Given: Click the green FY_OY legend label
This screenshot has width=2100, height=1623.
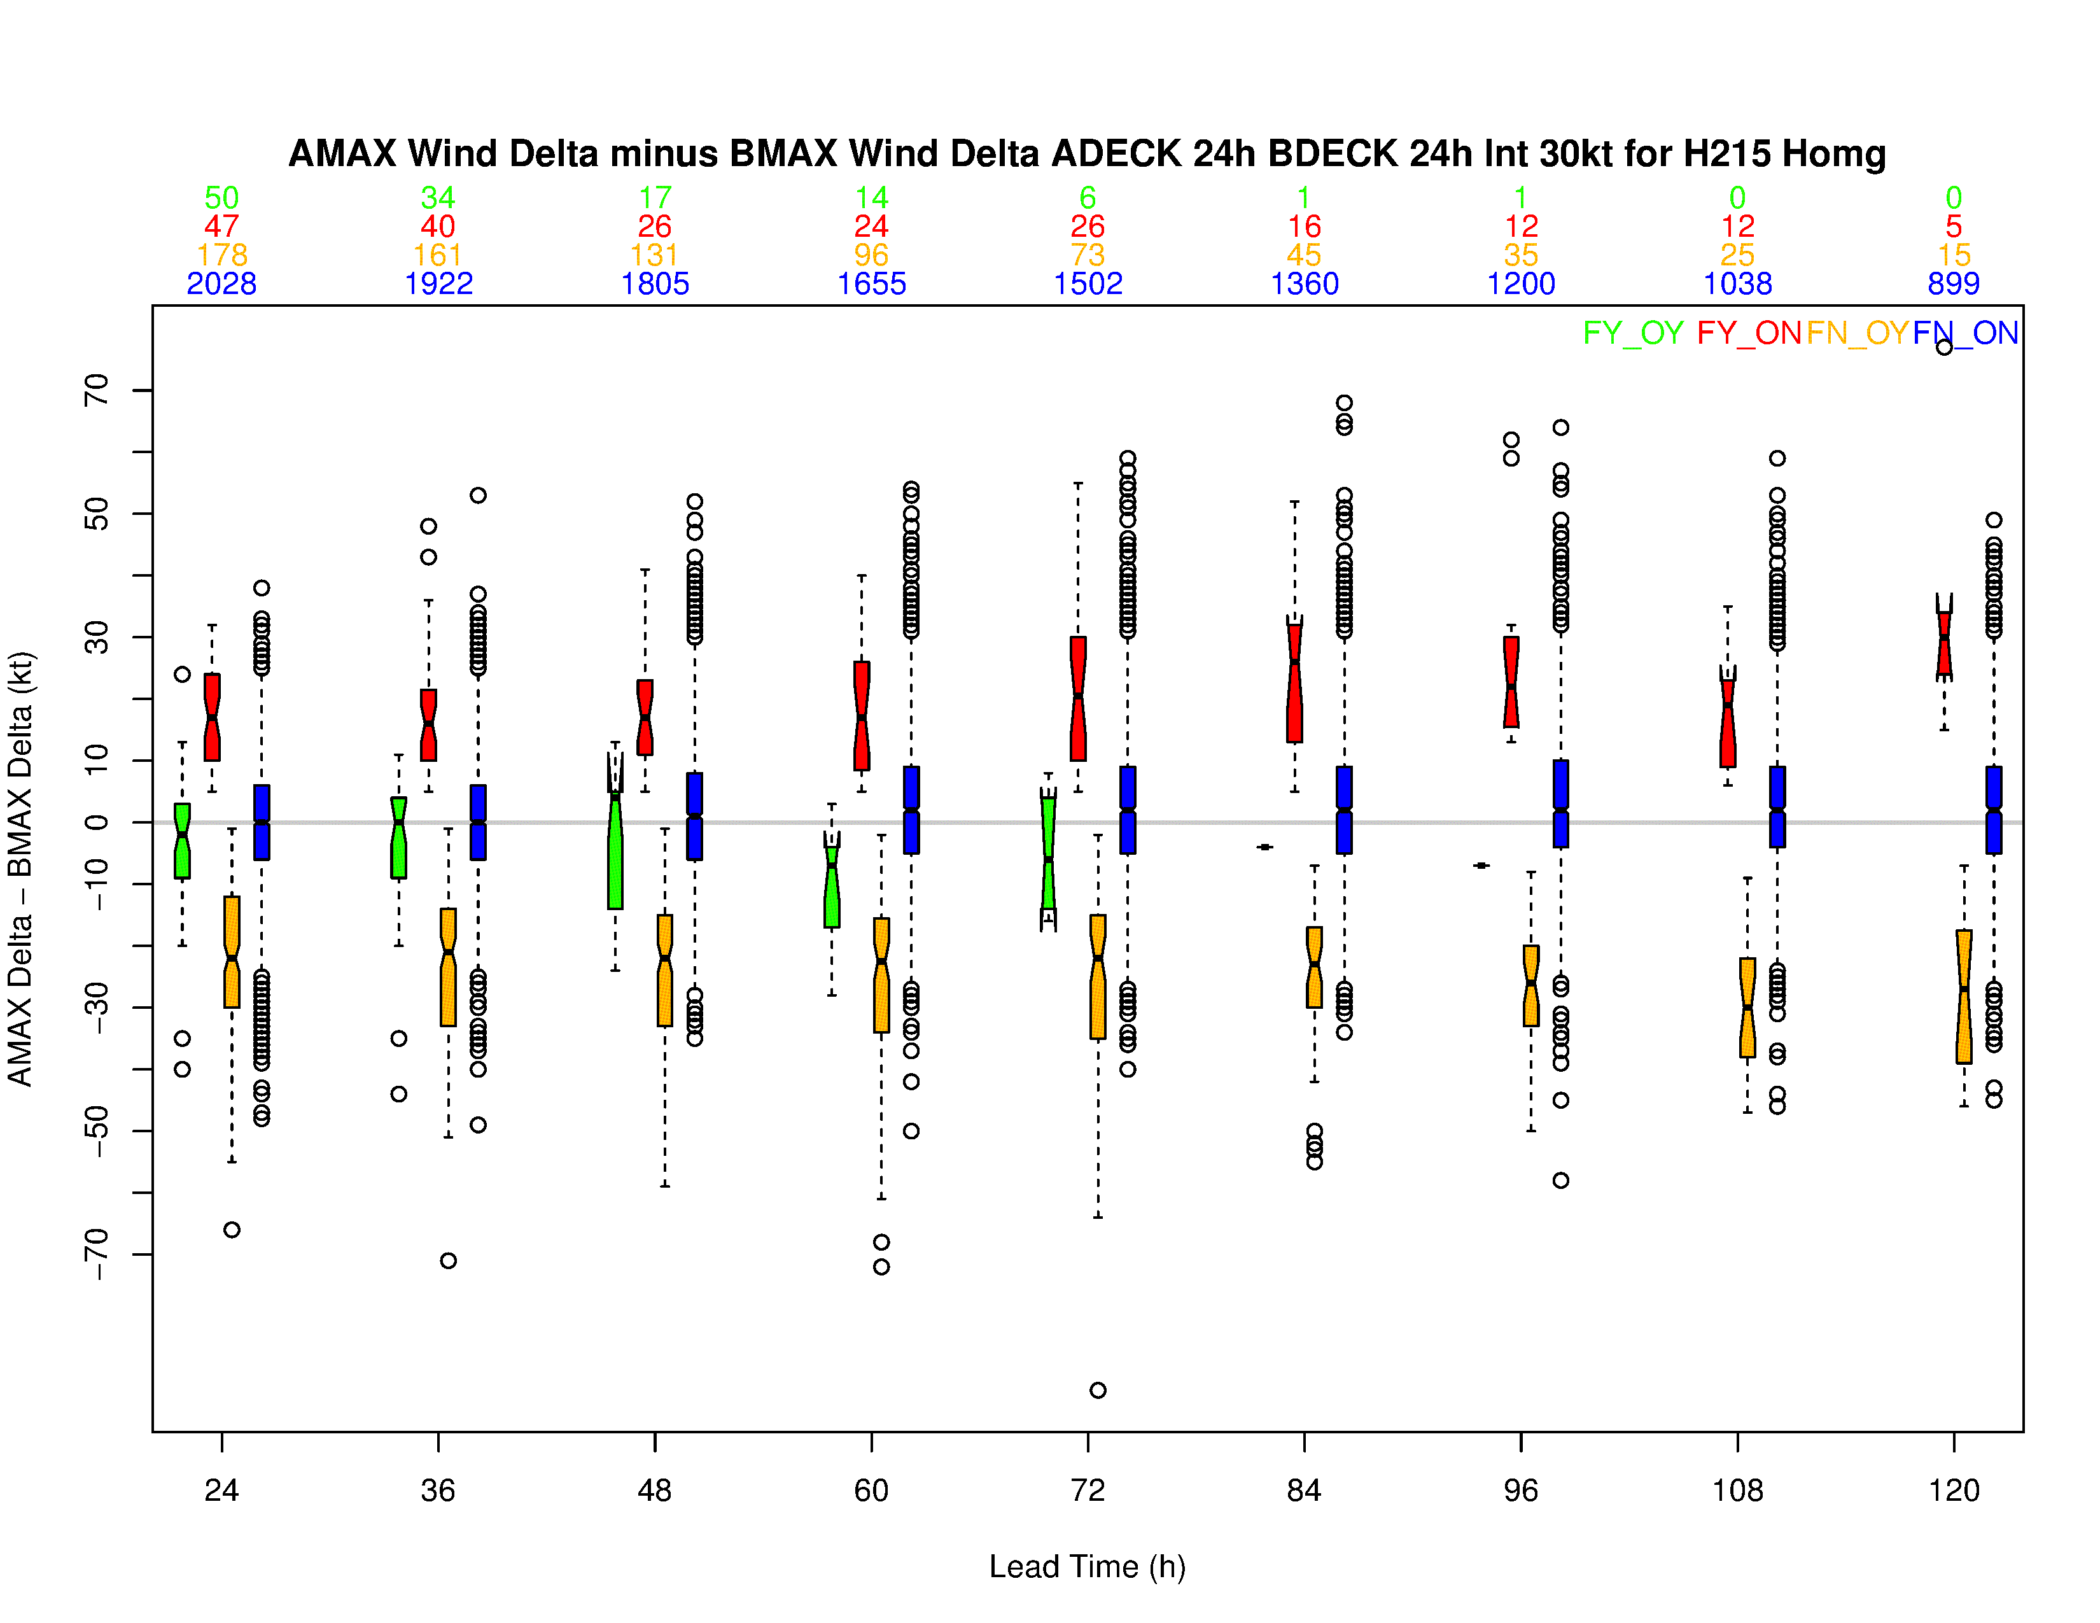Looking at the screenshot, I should click(1633, 333).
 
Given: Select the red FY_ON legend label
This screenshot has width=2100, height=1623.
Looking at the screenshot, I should click(1748, 333).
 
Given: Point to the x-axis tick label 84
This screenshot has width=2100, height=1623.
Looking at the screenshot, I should click(1304, 1491).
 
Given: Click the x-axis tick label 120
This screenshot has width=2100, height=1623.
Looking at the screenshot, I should click(1953, 1491).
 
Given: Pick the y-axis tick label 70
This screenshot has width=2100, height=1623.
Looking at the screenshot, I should click(96, 390).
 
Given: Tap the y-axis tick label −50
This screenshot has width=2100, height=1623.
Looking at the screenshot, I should click(96, 1131).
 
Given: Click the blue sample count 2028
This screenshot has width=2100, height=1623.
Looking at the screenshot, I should click(221, 284).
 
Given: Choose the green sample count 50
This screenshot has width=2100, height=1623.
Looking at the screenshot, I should click(221, 198).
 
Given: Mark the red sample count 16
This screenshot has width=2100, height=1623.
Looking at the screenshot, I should click(1304, 227).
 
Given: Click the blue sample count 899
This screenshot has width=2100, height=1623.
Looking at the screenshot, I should click(1953, 284).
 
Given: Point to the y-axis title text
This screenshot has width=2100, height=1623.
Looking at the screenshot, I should click(21, 868).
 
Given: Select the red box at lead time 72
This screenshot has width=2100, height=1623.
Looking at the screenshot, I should click(1078, 698).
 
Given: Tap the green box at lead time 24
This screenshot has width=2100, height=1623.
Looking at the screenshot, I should click(182, 840).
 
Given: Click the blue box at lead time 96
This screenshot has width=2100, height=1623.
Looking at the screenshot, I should click(1560, 804).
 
